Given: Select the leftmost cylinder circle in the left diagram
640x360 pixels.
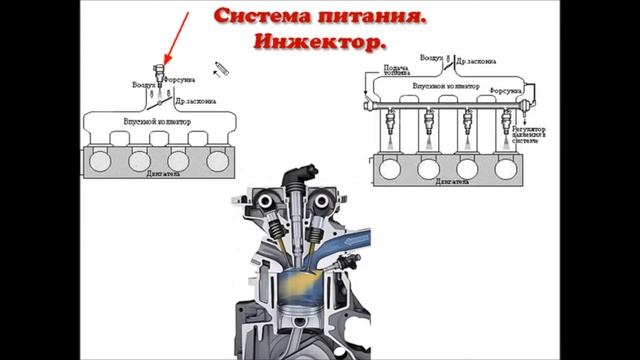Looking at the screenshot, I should coord(102,160).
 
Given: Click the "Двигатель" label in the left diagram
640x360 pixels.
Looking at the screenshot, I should coord(160,182).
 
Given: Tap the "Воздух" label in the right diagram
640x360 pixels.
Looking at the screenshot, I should coord(432,58).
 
